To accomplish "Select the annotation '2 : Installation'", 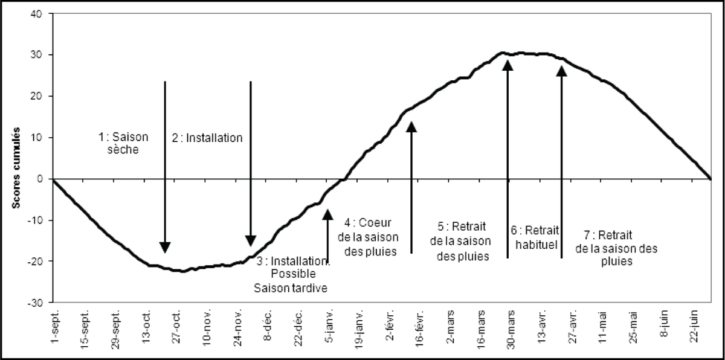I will point(207,138).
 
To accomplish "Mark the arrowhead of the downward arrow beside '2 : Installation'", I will point(251,240).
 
